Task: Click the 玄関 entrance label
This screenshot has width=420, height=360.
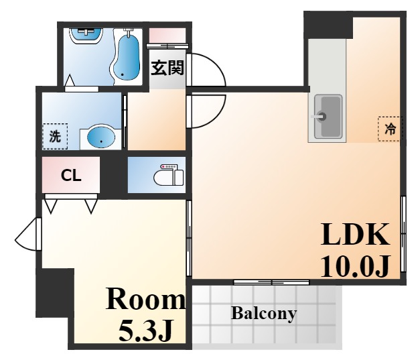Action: point(167,68)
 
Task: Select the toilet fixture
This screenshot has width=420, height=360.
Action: point(169,175)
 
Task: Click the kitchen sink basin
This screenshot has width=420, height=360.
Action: point(328,117)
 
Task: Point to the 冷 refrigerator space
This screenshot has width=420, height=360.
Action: point(391,129)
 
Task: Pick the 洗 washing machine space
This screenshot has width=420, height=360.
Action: point(55,137)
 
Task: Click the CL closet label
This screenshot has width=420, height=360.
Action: point(71,176)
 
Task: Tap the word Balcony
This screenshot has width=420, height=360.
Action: point(264,313)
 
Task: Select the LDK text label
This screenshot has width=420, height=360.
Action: point(355,235)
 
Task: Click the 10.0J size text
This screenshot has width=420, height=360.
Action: point(354,266)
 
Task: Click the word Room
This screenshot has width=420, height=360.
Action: point(146,299)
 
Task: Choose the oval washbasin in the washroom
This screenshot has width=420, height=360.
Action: point(101,137)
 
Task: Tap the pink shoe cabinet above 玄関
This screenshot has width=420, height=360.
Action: point(167,35)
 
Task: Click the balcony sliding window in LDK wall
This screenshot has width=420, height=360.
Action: point(271,282)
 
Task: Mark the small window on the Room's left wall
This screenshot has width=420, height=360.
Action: point(28,234)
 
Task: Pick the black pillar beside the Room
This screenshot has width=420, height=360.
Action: point(55,293)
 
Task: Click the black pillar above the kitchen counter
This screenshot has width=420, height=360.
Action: point(328,25)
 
